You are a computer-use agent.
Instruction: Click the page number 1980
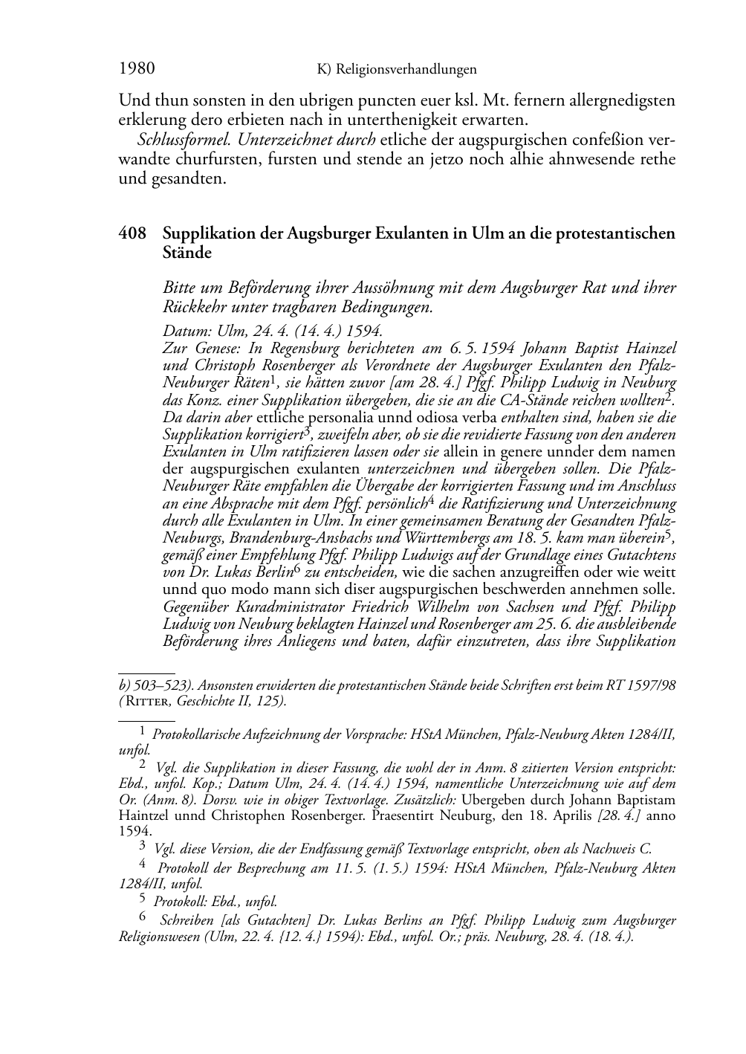tap(137, 69)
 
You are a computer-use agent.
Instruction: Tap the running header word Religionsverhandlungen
tap(406, 70)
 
